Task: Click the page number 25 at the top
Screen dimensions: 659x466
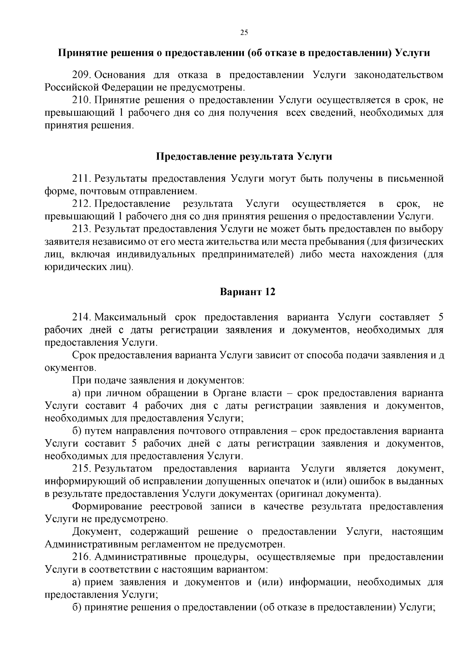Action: (244, 33)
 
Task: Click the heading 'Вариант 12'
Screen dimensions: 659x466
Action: (247, 292)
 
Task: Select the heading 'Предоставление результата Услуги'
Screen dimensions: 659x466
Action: (244, 156)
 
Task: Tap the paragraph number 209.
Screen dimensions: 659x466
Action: (82, 75)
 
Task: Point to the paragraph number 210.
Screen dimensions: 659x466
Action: (82, 100)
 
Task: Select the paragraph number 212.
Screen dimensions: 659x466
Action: (82, 203)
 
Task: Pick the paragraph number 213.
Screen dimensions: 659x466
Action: (82, 229)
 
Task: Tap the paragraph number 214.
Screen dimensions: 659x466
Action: (82, 317)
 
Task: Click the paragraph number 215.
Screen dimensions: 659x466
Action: (82, 469)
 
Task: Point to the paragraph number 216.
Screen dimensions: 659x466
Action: (82, 557)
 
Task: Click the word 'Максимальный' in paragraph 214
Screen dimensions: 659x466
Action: (130, 317)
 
